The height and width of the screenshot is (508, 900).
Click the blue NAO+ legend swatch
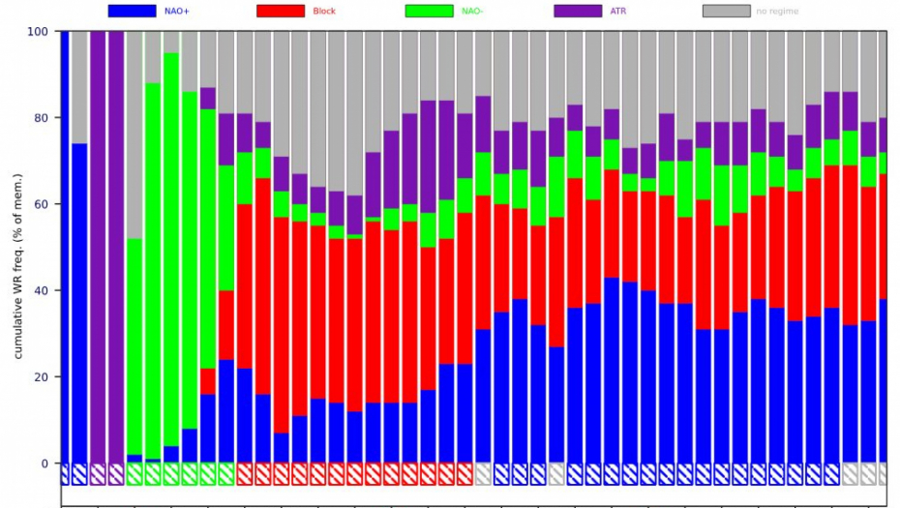pos(132,11)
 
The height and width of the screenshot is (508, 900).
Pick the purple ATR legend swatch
pos(578,11)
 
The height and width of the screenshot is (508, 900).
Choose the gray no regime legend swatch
pos(726,11)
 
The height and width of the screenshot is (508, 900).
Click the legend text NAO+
pos(177,11)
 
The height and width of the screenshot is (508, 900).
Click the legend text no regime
pos(778,11)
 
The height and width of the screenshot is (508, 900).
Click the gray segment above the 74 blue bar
pos(79,87)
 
